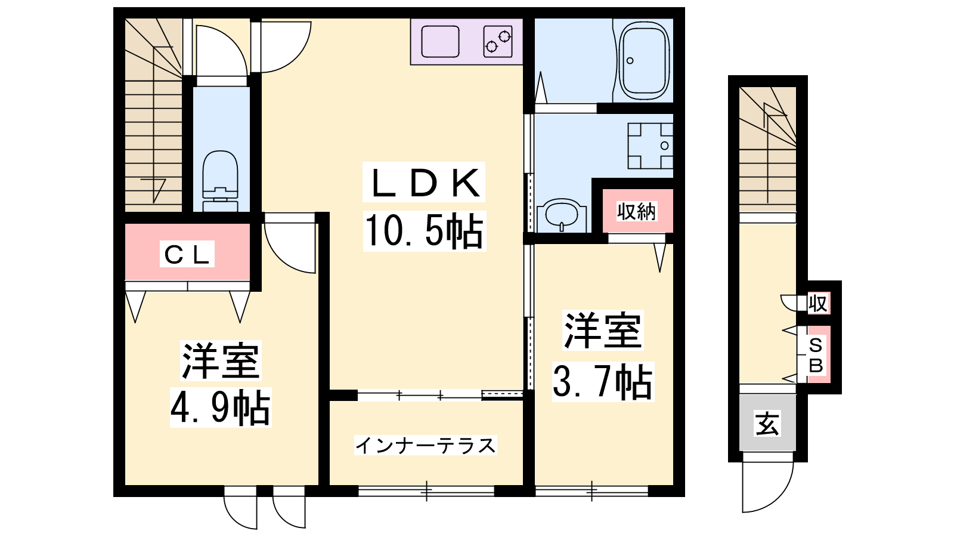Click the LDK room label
pos(424,183)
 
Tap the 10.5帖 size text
pos(424,230)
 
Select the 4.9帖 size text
pos(220,408)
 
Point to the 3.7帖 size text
pos(603,381)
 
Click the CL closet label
pos(187,254)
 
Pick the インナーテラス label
pos(426,445)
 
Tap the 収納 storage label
pos(637,211)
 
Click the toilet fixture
pos(220,181)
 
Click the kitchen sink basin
pos(440,41)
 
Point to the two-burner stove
pos(498,41)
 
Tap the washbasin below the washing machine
pos(562,215)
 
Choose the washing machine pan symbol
pos(651,146)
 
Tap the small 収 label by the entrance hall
pos(817,304)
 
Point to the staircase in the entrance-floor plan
pos(767,149)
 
